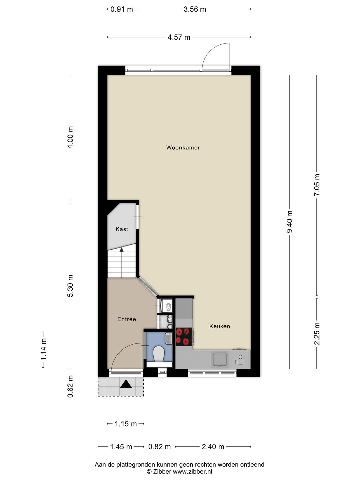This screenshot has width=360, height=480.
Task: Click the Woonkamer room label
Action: pyautogui.click(x=183, y=148)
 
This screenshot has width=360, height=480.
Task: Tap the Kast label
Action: pyautogui.click(x=122, y=229)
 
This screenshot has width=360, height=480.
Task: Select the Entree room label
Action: pyautogui.click(x=127, y=319)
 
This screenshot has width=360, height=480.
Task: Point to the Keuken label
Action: pyautogui.click(x=220, y=326)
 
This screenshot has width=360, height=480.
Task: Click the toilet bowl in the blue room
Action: pyautogui.click(x=158, y=354)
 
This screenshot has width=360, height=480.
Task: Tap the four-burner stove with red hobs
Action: pyautogui.click(x=184, y=336)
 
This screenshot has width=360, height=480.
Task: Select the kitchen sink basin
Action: pyautogui.click(x=220, y=359)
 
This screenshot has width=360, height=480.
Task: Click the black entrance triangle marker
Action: pyautogui.click(x=126, y=384)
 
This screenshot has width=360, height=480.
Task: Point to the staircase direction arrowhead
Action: pyautogui.click(x=122, y=249)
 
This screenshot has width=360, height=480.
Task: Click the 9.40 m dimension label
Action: pyautogui.click(x=290, y=222)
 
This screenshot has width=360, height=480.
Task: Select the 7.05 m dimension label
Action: pyautogui.click(x=317, y=185)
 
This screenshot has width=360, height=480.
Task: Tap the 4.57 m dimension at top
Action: pyautogui.click(x=179, y=37)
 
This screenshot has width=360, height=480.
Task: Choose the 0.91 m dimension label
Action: pyautogui.click(x=122, y=9)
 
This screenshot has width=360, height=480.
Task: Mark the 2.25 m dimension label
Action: pyautogui.click(x=317, y=333)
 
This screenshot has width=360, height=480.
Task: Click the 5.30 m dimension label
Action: pyautogui.click(x=70, y=286)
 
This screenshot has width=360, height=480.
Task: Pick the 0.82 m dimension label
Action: pyautogui.click(x=159, y=447)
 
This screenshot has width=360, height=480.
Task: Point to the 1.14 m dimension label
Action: pyautogui.click(x=43, y=349)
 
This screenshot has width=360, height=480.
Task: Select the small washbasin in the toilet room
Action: pyautogui.click(x=169, y=338)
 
